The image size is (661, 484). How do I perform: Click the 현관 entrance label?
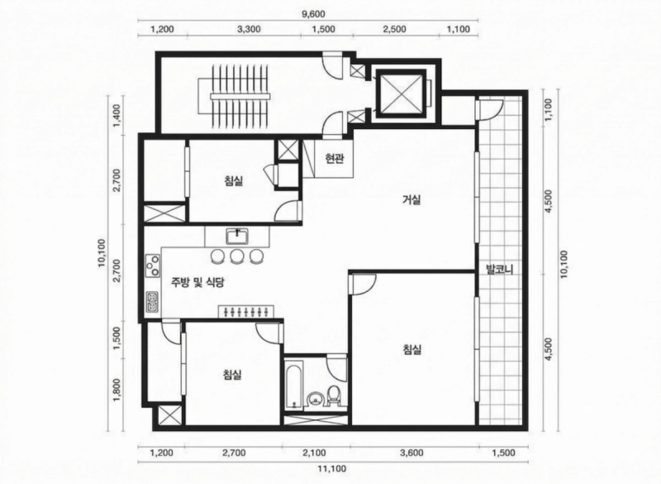335,158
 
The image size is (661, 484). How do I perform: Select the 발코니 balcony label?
500,269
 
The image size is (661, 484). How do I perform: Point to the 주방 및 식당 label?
197,282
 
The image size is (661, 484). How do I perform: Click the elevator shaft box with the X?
401,93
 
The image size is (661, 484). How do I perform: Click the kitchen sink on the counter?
238,237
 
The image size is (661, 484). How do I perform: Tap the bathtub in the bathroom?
294,384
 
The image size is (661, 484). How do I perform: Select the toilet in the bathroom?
334,395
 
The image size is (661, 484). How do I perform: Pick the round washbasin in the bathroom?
315,399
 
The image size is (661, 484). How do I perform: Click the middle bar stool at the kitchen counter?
237,256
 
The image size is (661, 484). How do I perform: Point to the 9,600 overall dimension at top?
314,14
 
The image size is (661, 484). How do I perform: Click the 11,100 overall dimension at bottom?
332,468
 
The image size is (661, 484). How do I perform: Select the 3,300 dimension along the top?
249,29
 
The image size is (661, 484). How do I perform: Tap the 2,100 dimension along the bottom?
315,453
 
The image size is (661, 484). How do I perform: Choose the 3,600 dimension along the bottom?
411,453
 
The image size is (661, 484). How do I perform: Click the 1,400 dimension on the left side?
117,113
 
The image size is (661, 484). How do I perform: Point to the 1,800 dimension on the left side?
117,390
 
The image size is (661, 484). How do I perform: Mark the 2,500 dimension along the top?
395,29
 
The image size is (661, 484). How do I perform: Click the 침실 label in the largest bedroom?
411,349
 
